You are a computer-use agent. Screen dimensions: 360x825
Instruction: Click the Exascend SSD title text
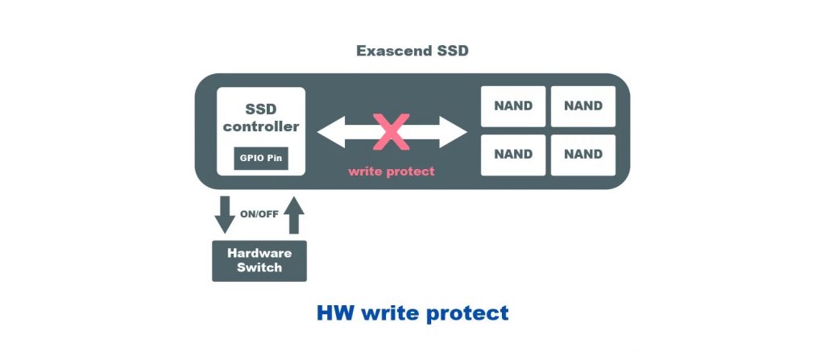(412, 52)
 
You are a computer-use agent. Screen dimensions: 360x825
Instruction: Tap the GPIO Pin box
(261, 157)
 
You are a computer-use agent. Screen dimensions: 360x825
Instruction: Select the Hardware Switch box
(259, 259)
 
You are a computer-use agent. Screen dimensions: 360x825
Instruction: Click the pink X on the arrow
(392, 131)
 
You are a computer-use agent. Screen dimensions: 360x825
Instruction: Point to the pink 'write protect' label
(392, 171)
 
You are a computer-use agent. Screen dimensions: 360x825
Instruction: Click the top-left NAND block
(513, 106)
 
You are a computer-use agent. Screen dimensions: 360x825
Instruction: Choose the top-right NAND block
(583, 106)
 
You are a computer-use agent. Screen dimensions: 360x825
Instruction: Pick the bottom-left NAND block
(513, 155)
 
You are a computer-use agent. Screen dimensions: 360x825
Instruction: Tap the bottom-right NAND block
(583, 155)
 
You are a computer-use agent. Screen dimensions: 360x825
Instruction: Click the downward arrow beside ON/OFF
(226, 213)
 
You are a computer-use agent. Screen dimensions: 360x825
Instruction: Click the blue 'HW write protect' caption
(412, 312)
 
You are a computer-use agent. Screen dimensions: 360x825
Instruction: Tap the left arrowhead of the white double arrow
(330, 132)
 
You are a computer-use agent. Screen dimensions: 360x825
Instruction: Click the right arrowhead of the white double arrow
(455, 132)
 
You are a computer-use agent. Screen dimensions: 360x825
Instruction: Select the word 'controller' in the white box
(261, 126)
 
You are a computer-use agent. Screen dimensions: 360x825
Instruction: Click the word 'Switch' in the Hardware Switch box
(259, 267)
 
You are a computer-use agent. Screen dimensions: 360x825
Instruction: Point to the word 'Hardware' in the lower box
(259, 253)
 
